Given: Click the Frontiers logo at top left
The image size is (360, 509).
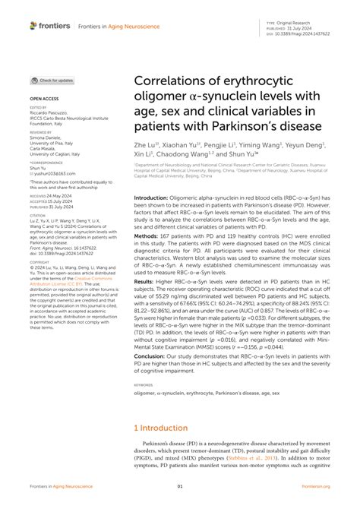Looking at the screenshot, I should [50, 26].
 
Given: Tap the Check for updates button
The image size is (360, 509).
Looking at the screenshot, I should [52, 80].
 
